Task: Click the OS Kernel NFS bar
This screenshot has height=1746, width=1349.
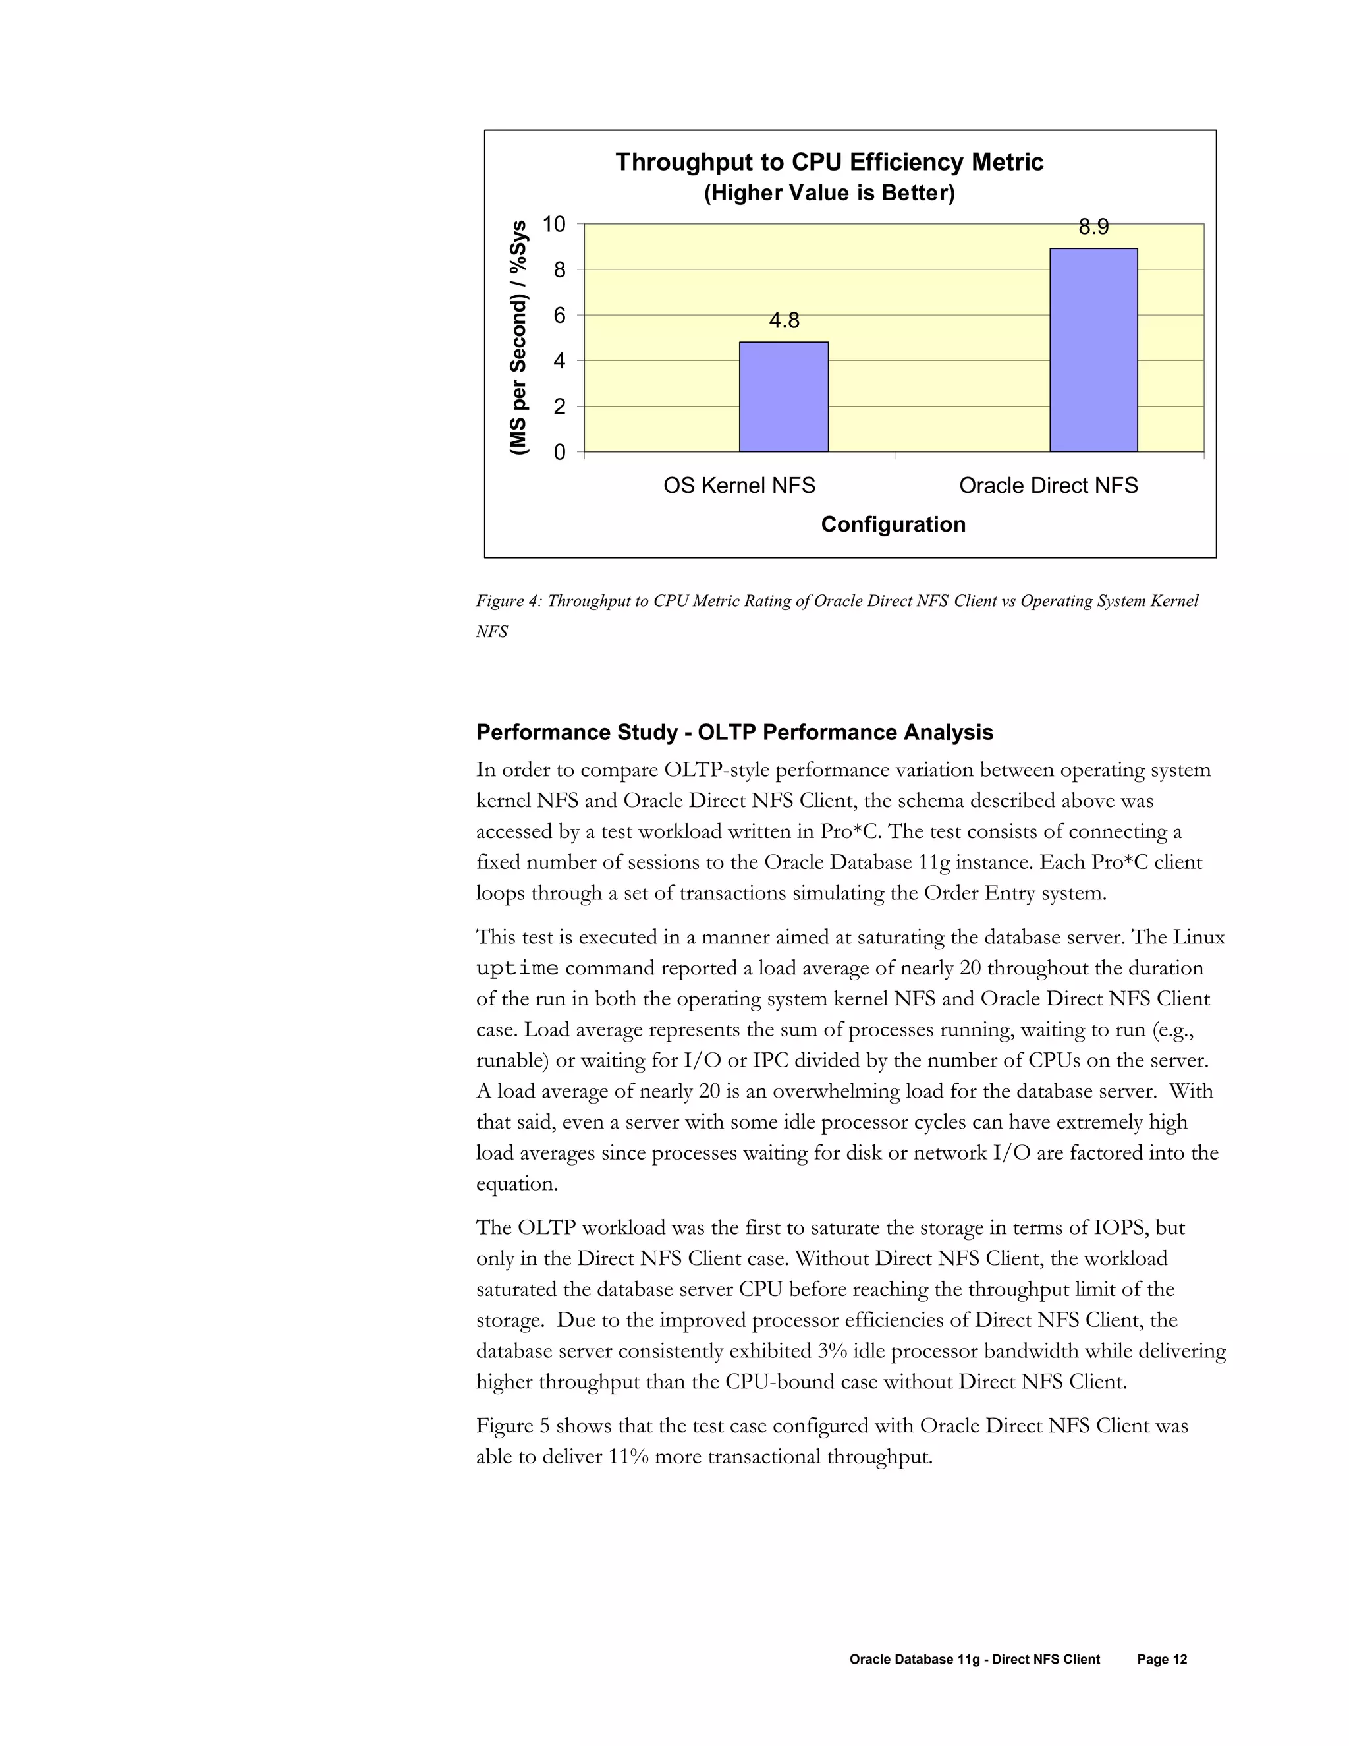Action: (x=783, y=397)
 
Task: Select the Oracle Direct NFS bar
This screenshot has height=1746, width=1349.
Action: (x=1093, y=350)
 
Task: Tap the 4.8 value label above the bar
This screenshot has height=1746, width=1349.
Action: (x=783, y=321)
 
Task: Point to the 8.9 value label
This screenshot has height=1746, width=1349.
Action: (x=1093, y=228)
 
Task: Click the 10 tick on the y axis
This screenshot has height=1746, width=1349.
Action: (x=553, y=225)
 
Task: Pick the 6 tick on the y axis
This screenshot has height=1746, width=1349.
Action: (x=559, y=316)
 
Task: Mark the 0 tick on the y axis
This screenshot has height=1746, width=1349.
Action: (x=559, y=453)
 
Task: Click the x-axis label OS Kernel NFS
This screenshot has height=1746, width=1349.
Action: (x=738, y=486)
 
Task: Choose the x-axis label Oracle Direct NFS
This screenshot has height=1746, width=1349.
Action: (x=1048, y=486)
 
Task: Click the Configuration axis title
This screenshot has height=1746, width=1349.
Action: (x=893, y=524)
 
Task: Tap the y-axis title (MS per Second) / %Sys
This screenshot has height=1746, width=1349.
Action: (x=520, y=338)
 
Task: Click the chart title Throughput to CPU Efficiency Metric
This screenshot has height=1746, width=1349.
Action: (x=829, y=162)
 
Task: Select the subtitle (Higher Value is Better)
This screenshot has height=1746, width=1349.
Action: (x=829, y=194)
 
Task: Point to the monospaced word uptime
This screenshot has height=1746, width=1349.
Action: (x=517, y=969)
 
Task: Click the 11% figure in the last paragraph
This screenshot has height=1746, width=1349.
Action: (x=627, y=1457)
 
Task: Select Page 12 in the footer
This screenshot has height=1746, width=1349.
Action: (x=1161, y=1660)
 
